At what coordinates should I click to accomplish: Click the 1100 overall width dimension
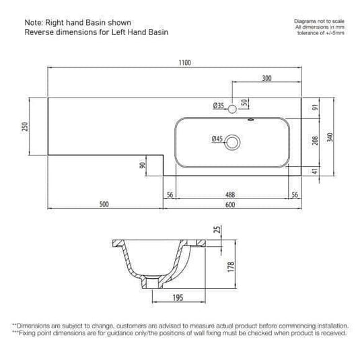tap(185, 63)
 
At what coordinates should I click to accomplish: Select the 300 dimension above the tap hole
tap(266, 79)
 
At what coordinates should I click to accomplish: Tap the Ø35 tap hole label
tap(218, 106)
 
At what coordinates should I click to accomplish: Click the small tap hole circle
tap(232, 108)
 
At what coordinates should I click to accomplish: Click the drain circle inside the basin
tap(233, 141)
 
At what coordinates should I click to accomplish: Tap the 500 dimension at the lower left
tap(104, 205)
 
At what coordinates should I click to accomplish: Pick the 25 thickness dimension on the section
tap(217, 230)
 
